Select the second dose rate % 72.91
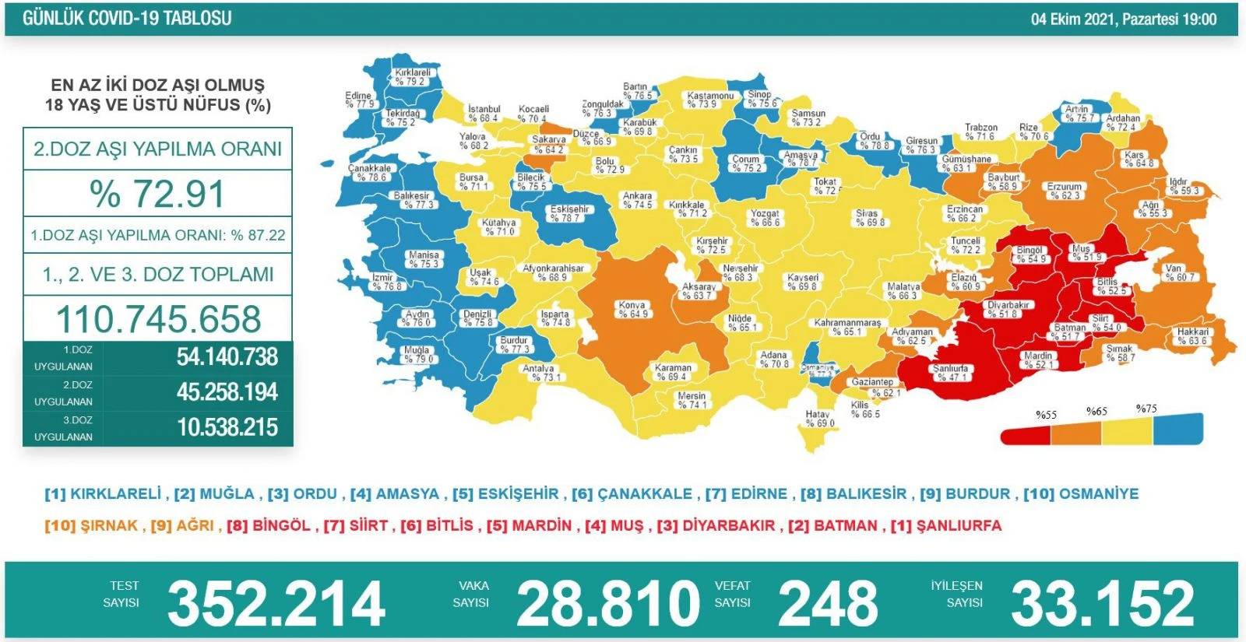click(157, 194)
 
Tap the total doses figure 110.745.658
click(158, 319)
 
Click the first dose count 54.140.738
click(227, 357)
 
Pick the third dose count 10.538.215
click(227, 427)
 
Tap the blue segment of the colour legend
click(1178, 429)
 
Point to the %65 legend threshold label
click(1096, 412)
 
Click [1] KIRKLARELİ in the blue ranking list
click(103, 494)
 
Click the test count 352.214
click(276, 603)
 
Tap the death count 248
click(828, 603)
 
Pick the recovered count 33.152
click(1102, 603)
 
